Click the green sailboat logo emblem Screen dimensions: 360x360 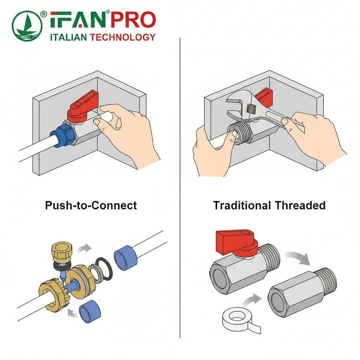tap(27, 26)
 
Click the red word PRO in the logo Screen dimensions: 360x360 tap(133, 20)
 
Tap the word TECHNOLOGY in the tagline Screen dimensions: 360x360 tap(123, 37)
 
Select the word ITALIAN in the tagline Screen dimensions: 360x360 tap(68, 37)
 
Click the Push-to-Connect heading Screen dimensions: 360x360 tap(91, 205)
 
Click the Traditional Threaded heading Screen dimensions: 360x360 tap(269, 205)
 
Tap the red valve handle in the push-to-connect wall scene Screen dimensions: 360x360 tap(83, 106)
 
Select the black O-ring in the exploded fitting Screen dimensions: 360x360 tap(104, 269)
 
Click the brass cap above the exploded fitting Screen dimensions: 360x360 tap(62, 252)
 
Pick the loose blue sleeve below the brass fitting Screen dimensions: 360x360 tap(90, 311)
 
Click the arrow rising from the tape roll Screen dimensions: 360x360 tap(252, 300)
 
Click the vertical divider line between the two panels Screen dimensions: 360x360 tap(180, 188)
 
